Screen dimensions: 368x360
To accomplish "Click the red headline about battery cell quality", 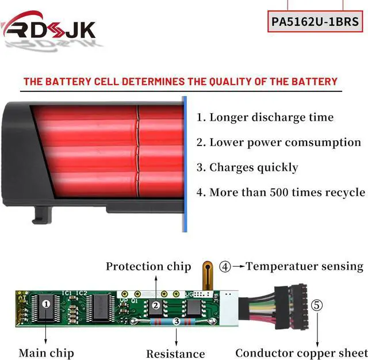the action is coord(180,81).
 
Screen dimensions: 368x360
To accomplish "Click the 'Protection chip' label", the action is coord(148,266).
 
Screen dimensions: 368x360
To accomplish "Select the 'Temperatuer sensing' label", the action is coord(305,266).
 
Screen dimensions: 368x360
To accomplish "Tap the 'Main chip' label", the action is coord(46,353).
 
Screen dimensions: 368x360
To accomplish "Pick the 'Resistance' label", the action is coord(175,354).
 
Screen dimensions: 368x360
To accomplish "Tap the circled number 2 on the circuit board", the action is coord(156,306).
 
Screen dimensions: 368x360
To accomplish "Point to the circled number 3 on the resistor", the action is coord(176,323).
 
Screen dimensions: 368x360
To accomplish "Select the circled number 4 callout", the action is coord(225,267).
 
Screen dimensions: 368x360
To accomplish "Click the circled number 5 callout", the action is coord(316,305).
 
